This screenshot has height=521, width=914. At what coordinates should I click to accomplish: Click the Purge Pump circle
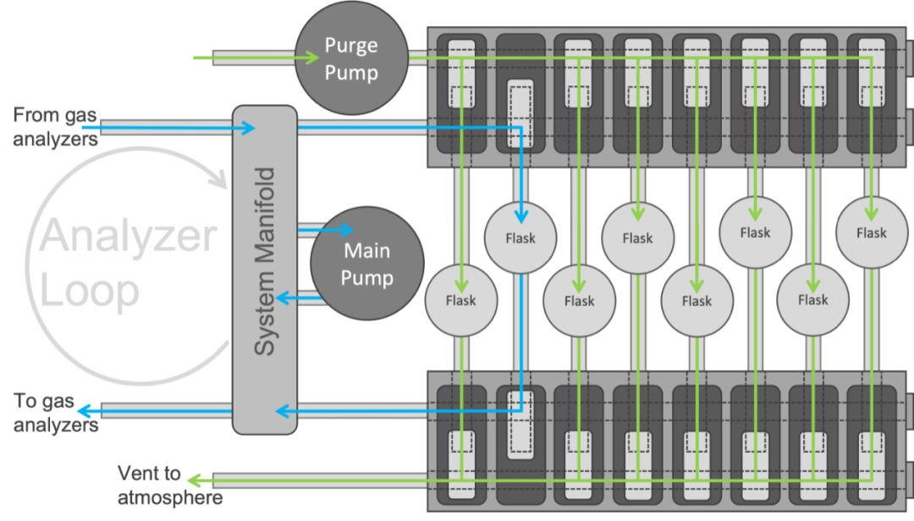(351, 59)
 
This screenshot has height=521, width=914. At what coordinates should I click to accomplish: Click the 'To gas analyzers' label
(56, 413)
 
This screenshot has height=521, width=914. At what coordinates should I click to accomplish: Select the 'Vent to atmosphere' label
(169, 485)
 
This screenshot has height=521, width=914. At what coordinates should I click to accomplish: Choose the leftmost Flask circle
(461, 300)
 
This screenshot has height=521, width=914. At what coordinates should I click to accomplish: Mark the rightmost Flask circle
(871, 233)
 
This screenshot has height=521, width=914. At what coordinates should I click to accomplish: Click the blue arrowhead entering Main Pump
(345, 229)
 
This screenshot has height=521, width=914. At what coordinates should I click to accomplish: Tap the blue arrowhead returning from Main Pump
(285, 298)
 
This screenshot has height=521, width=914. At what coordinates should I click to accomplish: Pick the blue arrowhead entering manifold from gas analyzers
(247, 129)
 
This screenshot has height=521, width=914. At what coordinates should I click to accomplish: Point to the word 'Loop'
(90, 291)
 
